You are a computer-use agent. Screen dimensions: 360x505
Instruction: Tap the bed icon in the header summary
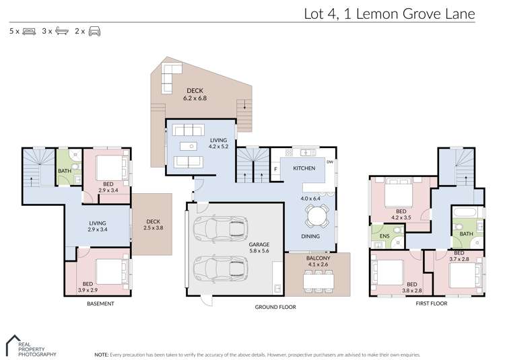pyautogui.click(x=28, y=31)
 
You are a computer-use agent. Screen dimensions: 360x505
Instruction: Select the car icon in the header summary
pyautogui.click(x=94, y=31)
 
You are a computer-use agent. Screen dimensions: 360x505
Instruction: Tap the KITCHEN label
pyautogui.click(x=304, y=168)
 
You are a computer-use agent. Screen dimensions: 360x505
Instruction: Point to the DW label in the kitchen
pyautogui.click(x=330, y=161)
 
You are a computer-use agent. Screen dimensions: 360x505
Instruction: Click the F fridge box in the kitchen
pyautogui.click(x=276, y=169)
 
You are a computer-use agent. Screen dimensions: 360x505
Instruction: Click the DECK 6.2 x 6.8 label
pyautogui.click(x=195, y=94)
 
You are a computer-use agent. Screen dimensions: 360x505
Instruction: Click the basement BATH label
pyautogui.click(x=65, y=171)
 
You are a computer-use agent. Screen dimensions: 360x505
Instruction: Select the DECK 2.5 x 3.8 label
pyautogui.click(x=153, y=224)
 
